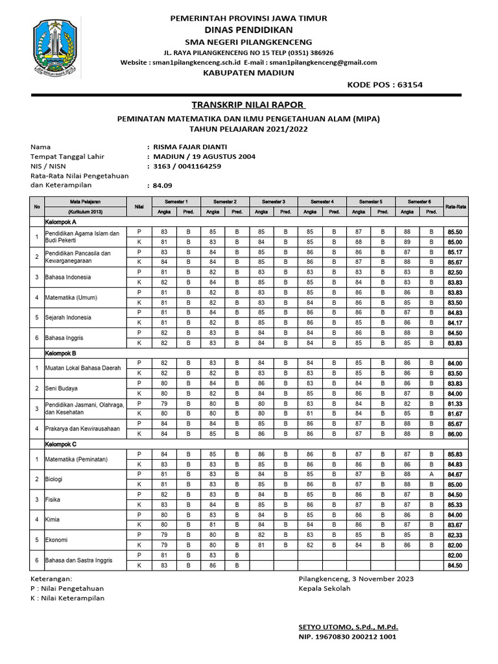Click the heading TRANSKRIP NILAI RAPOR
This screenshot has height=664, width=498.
pyautogui.click(x=248, y=105)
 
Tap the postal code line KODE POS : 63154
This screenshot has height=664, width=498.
pyautogui.click(x=385, y=84)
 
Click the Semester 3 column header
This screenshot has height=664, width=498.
pyautogui.click(x=274, y=202)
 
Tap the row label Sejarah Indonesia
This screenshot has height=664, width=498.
pyautogui.click(x=67, y=318)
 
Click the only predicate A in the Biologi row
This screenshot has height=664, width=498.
pyautogui.click(x=431, y=474)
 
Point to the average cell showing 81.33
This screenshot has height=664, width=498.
pyautogui.click(x=455, y=403)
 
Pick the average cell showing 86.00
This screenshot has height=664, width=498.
pyautogui.click(x=455, y=434)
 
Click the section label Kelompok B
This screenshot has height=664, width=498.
pyautogui.click(x=60, y=353)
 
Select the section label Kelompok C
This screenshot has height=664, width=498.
pyautogui.click(x=60, y=444)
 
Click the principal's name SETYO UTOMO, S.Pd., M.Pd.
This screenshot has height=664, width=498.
pyautogui.click(x=348, y=627)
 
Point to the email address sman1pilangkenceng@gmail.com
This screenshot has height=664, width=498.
pyautogui.click(x=324, y=62)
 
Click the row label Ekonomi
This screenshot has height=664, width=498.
pyautogui.click(x=56, y=539)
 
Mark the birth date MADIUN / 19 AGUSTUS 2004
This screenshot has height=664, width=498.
pyautogui.click(x=204, y=156)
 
